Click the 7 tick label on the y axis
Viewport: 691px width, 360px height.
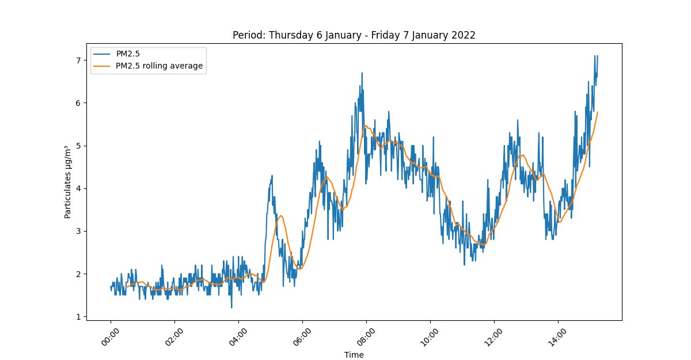[x=79, y=60]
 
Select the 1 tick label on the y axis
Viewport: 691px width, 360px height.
[x=79, y=317]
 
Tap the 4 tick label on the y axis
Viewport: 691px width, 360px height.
[x=79, y=188]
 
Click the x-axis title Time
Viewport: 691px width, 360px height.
[x=354, y=355]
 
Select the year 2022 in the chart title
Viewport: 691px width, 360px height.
[x=464, y=35]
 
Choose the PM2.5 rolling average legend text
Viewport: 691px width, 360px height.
[x=160, y=66]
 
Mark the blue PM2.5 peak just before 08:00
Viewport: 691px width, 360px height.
[x=362, y=73]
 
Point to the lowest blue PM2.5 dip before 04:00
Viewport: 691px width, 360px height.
[x=231, y=308]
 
